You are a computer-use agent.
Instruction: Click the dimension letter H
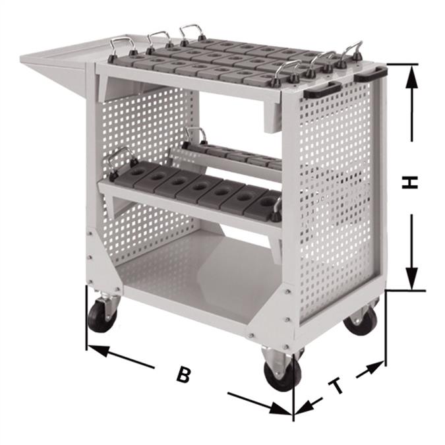click(410, 182)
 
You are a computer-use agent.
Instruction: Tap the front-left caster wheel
click(102, 315)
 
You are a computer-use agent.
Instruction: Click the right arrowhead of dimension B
click(280, 409)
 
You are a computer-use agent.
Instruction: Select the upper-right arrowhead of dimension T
click(374, 368)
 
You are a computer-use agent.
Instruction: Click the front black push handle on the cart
click(322, 90)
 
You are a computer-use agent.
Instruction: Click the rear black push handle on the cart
click(371, 73)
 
